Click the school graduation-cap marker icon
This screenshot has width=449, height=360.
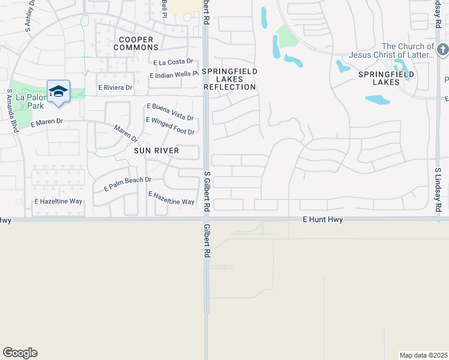58,92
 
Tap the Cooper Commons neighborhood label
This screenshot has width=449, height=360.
133,43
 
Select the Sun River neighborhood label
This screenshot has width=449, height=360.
156,151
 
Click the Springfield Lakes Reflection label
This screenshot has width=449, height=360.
229,79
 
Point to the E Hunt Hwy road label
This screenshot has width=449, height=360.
323,220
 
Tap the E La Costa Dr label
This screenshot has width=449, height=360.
174,62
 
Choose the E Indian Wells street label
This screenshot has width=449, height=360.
173,76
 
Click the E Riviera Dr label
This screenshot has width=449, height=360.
115,88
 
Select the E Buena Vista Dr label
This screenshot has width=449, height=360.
170,111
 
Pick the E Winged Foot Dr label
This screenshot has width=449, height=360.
170,126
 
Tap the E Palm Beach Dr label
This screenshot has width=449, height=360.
127,183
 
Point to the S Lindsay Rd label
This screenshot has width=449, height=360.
438,189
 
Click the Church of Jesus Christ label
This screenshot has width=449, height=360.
408,50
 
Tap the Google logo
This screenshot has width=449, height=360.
20,353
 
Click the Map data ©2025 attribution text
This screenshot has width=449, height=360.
423,355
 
